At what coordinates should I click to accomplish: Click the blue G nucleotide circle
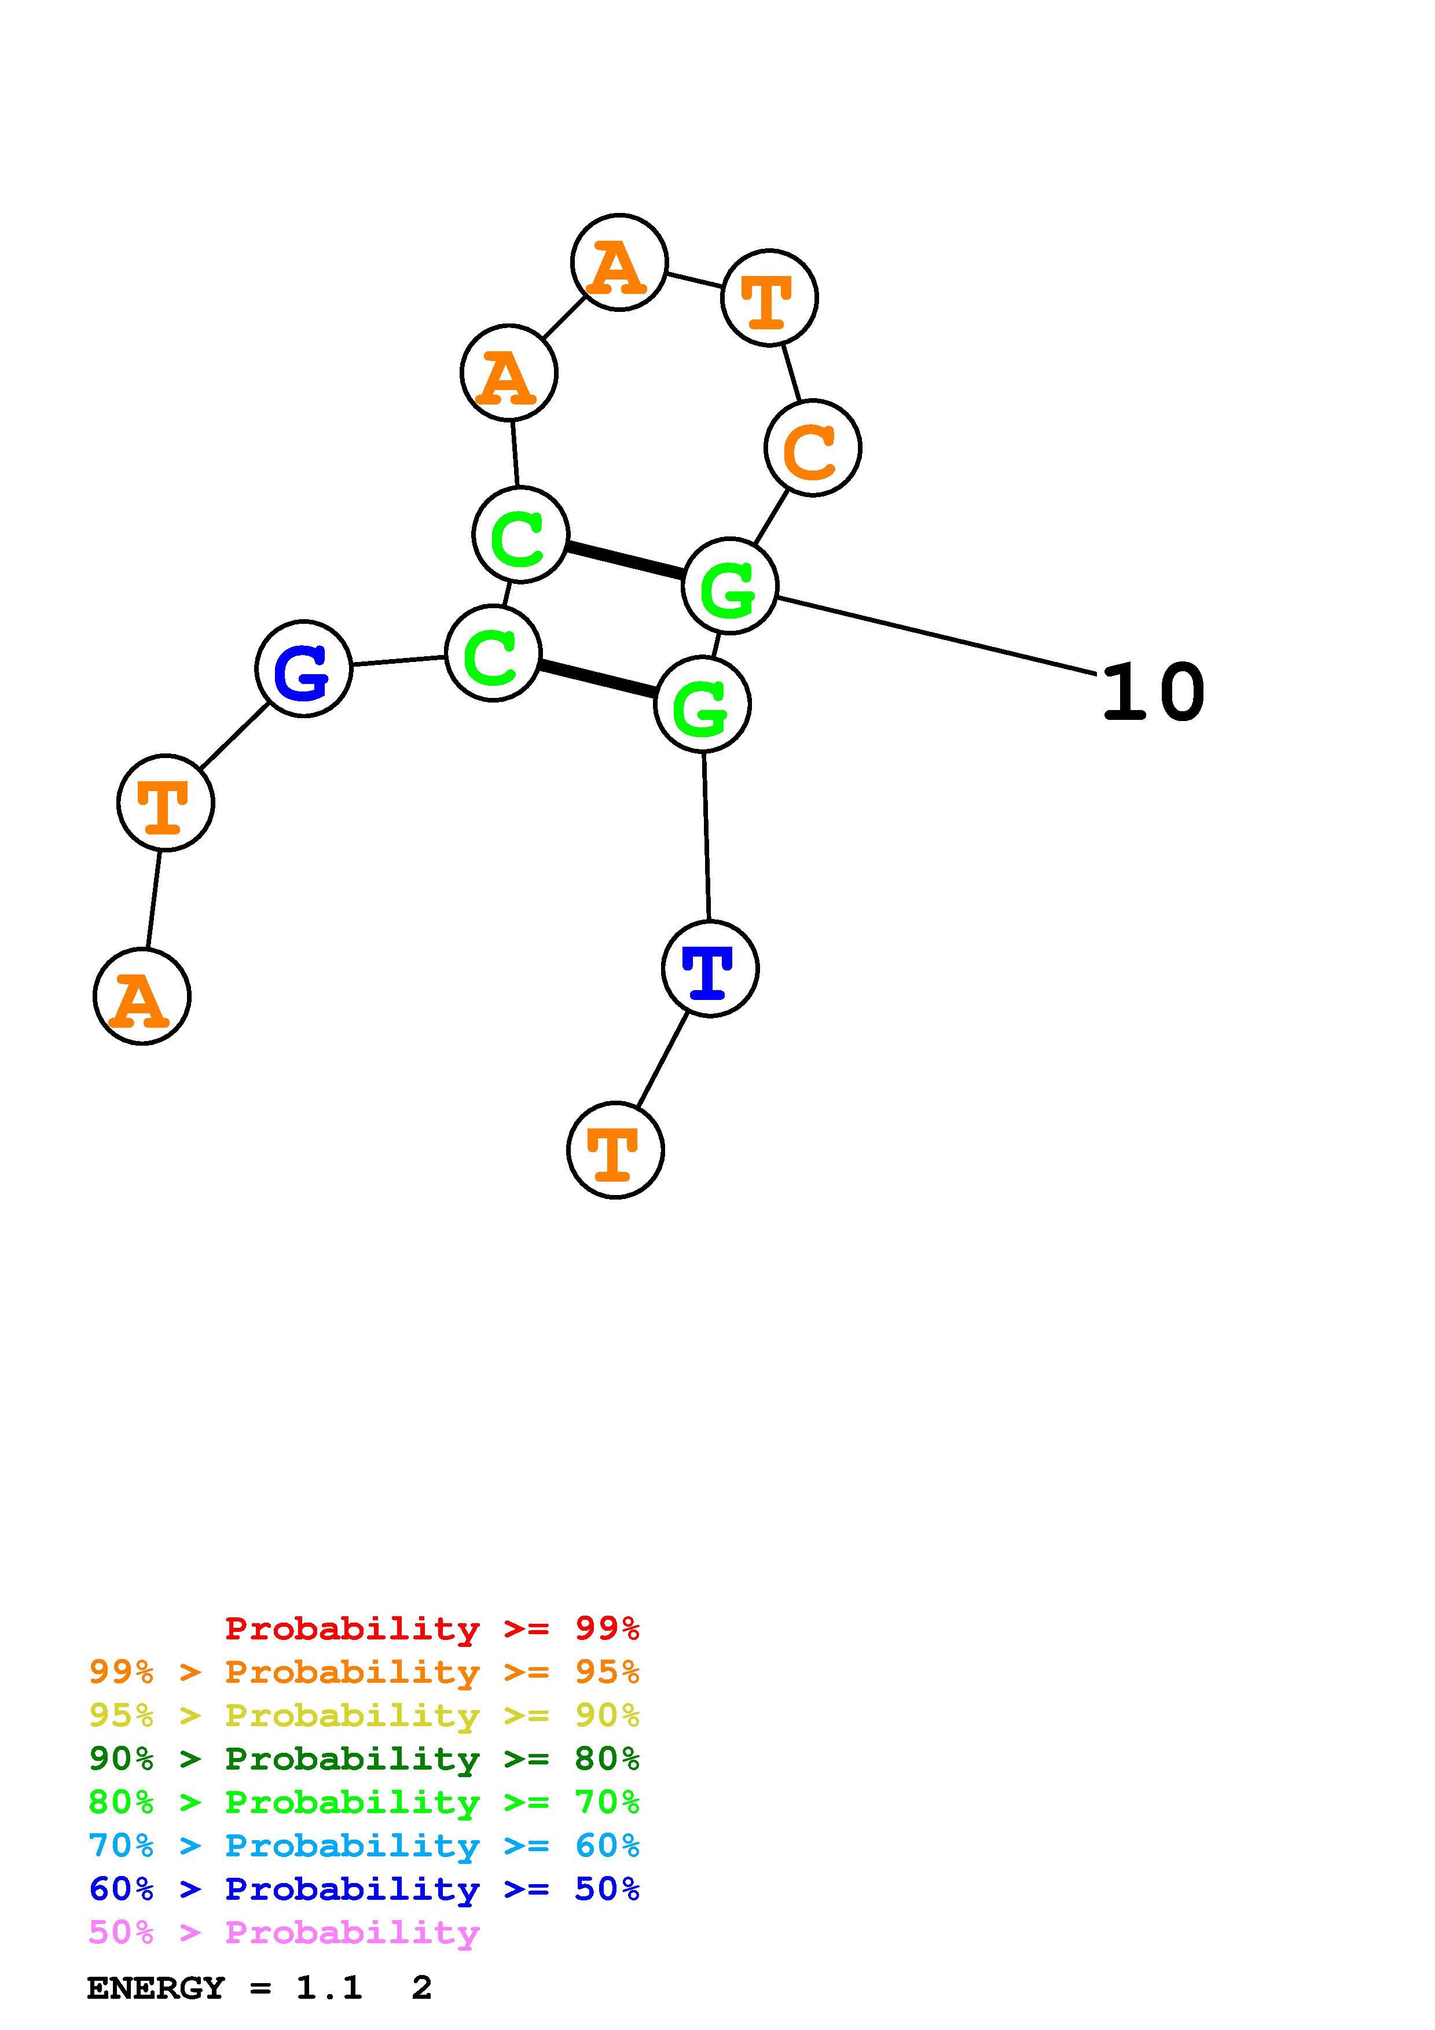pyautogui.click(x=303, y=668)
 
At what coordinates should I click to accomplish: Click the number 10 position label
pyautogui.click(x=1153, y=692)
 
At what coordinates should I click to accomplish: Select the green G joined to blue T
pyautogui.click(x=702, y=705)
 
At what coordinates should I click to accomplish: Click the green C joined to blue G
pyautogui.click(x=493, y=653)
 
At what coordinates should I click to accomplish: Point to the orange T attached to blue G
pyautogui.click(x=166, y=802)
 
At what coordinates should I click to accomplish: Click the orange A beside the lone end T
pyautogui.click(x=141, y=996)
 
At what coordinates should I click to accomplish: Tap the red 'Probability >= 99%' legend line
pyautogui.click(x=431, y=1628)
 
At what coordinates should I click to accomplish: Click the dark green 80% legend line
pyautogui.click(x=364, y=1759)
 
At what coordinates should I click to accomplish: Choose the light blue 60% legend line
pyautogui.click(x=364, y=1845)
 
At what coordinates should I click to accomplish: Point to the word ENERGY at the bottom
pyautogui.click(x=156, y=1988)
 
